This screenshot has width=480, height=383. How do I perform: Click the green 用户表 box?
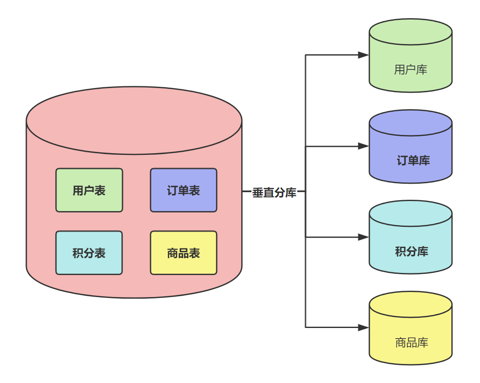pos(89,190)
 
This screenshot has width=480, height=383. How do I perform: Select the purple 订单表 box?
pos(184,190)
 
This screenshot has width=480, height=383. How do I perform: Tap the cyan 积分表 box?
pos(89,253)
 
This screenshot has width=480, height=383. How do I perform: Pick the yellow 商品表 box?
pos(184,253)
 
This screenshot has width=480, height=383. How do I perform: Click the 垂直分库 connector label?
pos(274,193)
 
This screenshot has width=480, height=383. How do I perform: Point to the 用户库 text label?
pos(410,69)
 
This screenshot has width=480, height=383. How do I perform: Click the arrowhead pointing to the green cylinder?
pos(363,55)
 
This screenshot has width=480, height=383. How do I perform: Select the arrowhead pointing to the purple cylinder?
pos(363,146)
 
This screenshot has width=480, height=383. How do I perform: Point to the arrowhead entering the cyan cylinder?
pos(363,237)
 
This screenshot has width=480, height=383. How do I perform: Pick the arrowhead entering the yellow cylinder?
pos(363,327)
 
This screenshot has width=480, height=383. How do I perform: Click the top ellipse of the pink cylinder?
pos(134,121)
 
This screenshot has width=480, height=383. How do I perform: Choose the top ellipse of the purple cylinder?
pos(410,123)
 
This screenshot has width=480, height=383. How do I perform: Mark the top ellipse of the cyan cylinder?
pos(410,213)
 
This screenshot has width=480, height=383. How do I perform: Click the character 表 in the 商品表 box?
pos(195,253)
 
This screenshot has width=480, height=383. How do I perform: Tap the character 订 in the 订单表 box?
pos(172,190)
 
